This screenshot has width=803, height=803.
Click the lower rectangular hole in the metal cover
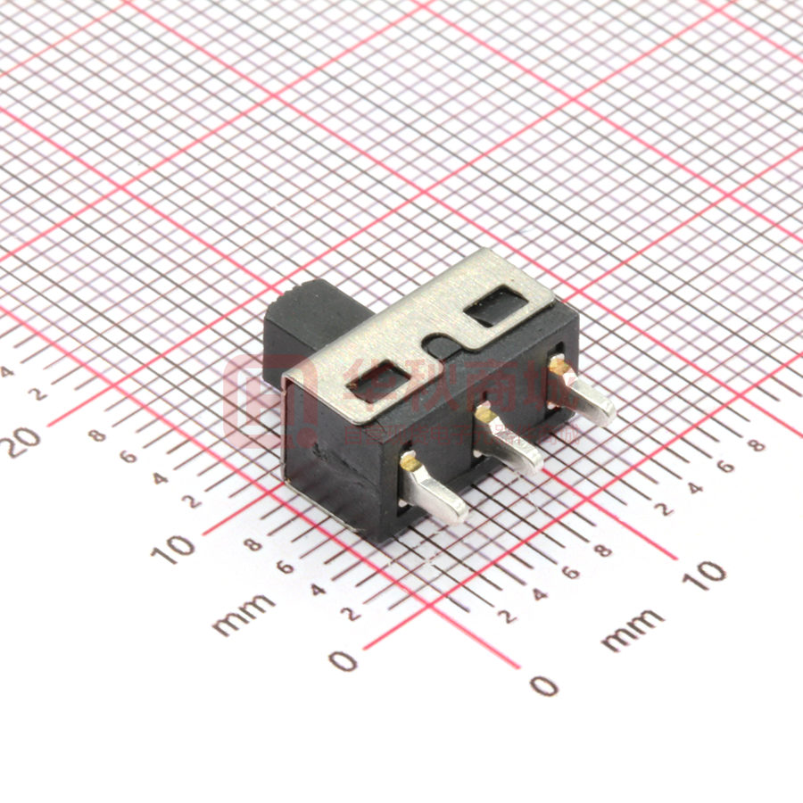point(382,380)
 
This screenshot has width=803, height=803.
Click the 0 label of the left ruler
point(344,661)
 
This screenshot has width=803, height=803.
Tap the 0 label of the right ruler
point(543,685)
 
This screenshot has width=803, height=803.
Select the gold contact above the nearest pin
point(410,459)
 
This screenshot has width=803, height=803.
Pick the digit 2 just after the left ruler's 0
point(352,613)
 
